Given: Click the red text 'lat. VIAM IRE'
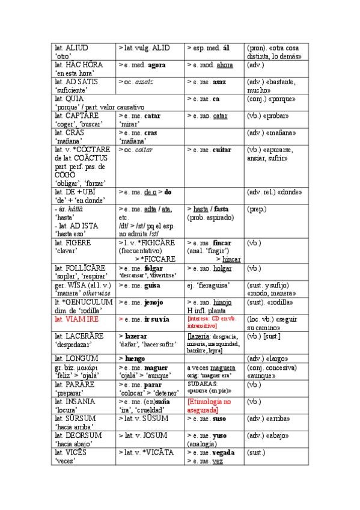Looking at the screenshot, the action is pos(75,319).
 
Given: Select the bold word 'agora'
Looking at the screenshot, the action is pos(156,64).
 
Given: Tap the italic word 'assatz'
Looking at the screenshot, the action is pos(144,81).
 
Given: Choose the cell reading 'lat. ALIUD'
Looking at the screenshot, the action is pos(72,47).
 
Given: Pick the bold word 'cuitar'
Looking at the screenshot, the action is pos(222,149).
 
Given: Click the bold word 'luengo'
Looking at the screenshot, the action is pos(136,358).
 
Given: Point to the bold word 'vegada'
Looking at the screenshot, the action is pos(223,452).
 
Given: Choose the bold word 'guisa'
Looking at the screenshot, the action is pos(153,285).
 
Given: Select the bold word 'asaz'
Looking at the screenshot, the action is pos(219,81).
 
